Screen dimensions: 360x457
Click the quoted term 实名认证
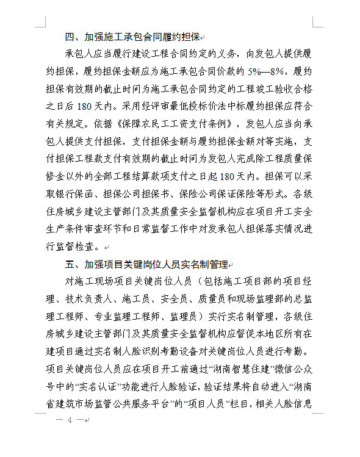tap(95, 387)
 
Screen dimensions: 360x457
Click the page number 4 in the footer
tap(70, 420)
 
